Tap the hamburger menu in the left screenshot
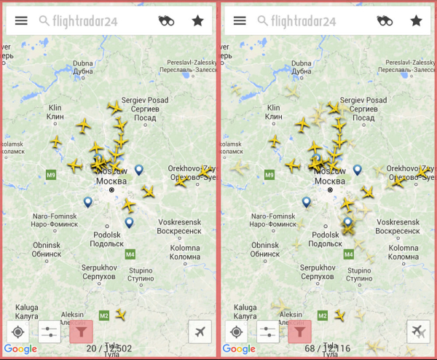(21, 20)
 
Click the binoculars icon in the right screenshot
(385, 20)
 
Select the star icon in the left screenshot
(197, 20)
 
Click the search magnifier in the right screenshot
(263, 20)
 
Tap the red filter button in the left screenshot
(80, 332)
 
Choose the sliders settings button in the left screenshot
(49, 332)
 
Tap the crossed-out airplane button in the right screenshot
(418, 332)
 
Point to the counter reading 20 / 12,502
(109, 349)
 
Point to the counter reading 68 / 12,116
(327, 349)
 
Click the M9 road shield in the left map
(51, 175)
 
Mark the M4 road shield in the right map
(348, 254)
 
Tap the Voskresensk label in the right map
(399, 225)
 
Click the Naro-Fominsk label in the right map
(273, 220)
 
